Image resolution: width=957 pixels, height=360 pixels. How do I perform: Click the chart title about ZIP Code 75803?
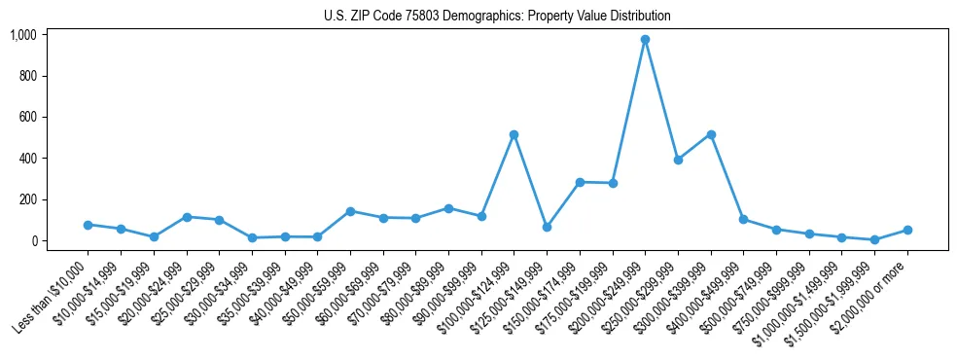tap(497, 17)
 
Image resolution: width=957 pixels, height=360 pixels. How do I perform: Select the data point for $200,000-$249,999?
tap(645, 40)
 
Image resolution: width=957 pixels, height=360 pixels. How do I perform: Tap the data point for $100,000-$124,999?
tap(514, 134)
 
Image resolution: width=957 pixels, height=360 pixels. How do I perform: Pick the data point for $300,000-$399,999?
tap(711, 134)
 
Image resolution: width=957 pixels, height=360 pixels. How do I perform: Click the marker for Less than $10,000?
tap(88, 225)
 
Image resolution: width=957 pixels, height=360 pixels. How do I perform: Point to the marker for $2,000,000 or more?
tap(907, 230)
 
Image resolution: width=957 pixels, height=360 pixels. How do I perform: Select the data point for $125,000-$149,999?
tap(547, 227)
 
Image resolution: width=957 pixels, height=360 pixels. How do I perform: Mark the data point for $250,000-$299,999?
tap(678, 160)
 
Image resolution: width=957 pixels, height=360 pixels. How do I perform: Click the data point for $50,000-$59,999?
tap(350, 211)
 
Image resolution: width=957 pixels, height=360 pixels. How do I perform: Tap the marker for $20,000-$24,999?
tap(187, 217)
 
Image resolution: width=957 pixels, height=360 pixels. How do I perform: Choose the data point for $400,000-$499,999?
tap(743, 220)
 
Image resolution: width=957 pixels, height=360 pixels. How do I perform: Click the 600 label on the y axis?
tap(27, 117)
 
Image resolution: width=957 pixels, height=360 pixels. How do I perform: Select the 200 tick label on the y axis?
tap(27, 199)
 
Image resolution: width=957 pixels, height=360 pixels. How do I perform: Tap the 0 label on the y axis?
tap(33, 240)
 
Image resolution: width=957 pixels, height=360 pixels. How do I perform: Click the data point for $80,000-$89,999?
tap(448, 208)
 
